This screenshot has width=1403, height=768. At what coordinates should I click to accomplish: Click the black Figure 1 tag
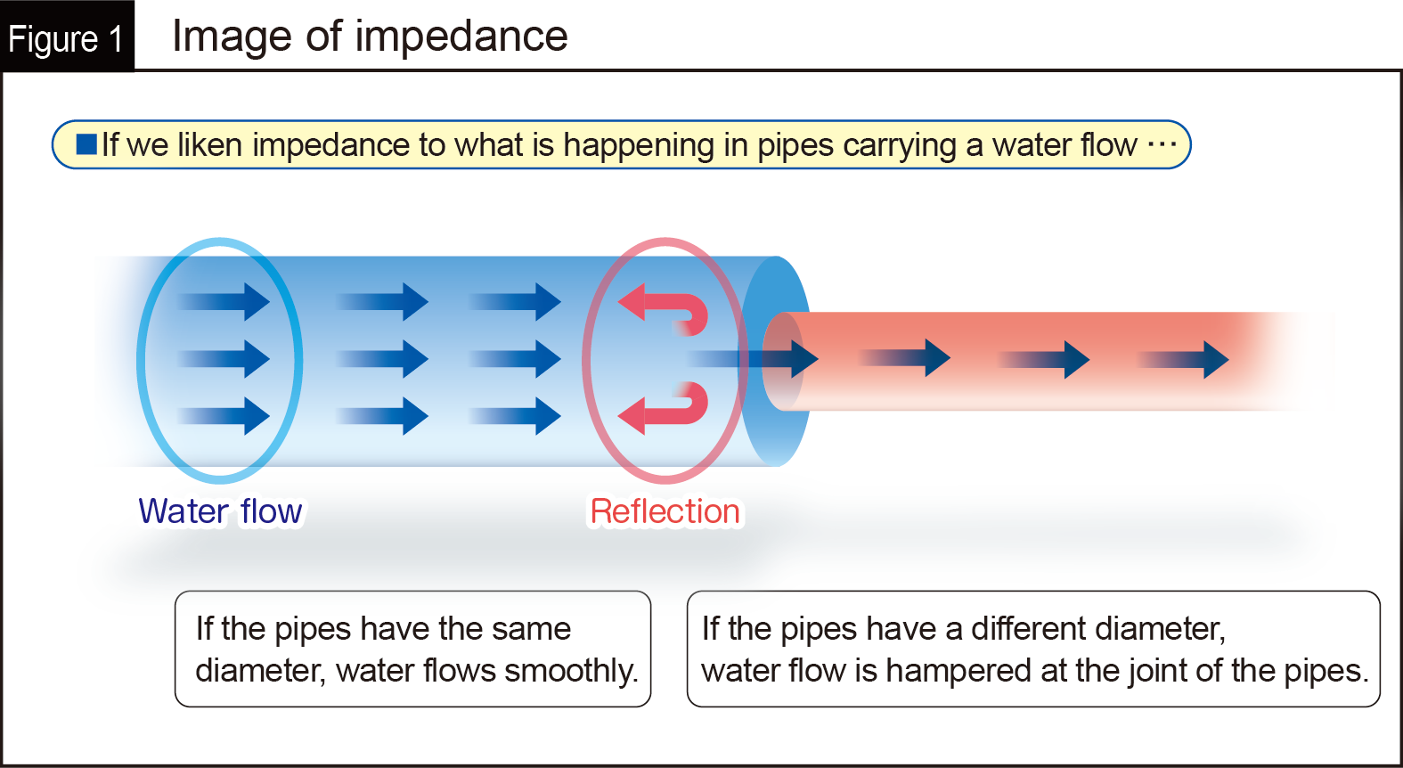click(x=66, y=37)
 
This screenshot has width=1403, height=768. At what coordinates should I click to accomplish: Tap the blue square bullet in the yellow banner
click(x=86, y=144)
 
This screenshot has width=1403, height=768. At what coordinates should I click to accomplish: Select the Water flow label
click(x=220, y=511)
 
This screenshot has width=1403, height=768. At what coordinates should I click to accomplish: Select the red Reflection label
click(x=665, y=511)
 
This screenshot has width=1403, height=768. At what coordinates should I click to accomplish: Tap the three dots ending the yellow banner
click(x=1162, y=143)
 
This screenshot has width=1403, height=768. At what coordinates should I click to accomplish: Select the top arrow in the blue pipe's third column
click(x=517, y=302)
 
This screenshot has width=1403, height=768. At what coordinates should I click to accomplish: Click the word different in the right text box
click(x=1032, y=629)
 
